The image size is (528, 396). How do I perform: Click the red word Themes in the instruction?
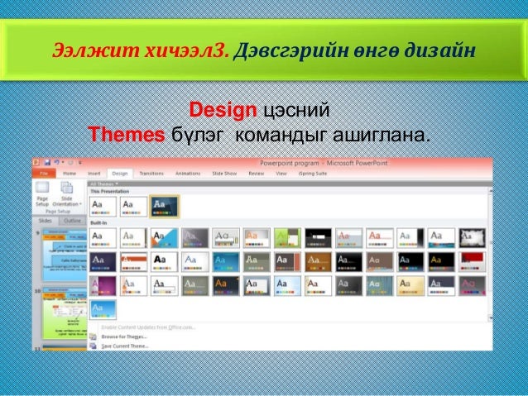click(x=127, y=134)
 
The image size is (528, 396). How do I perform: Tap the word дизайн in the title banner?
click(x=444, y=50)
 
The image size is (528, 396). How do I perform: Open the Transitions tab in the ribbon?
click(x=151, y=174)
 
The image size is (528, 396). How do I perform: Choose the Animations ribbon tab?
click(x=189, y=174)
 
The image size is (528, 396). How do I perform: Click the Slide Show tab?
click(x=224, y=174)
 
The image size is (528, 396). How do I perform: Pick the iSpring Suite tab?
click(x=312, y=174)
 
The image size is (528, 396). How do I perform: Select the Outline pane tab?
click(x=73, y=221)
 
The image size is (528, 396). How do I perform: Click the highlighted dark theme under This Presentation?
click(x=164, y=205)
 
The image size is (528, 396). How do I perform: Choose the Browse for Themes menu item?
click(x=123, y=336)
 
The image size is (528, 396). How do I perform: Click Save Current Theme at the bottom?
click(x=123, y=346)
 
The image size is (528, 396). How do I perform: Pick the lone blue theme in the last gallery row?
click(x=103, y=309)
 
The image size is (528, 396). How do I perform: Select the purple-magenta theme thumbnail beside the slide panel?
click(x=103, y=286)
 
